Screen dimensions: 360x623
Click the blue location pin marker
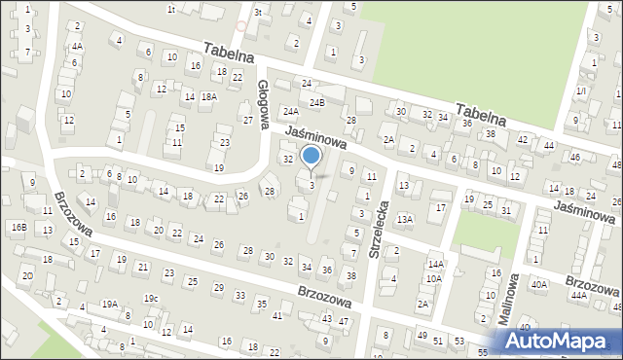pos(311,157)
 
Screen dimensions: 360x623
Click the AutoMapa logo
pos(558,341)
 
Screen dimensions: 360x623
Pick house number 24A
pos(290,112)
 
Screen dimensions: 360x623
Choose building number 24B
pos(316,102)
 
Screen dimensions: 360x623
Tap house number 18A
pos(208,96)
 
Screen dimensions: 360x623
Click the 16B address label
pos(19,227)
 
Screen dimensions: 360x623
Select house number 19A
pos(110,304)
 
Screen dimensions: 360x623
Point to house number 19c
pos(151,298)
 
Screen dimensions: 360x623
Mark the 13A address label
pos(405,219)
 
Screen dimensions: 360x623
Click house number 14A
pos(435,264)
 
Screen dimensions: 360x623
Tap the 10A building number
pos(431,278)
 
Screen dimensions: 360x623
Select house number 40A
pos(538,284)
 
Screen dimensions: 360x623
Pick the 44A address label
pos(579,294)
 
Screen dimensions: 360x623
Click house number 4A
pos(77,46)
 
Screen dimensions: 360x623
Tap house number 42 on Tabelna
pos(523,139)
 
